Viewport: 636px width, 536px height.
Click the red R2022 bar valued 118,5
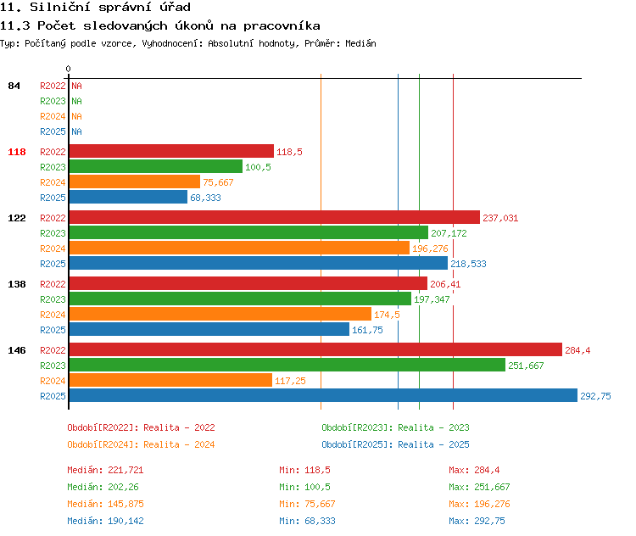coord(171,151)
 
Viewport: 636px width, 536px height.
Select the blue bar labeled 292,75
coord(323,395)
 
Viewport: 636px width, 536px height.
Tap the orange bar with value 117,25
coord(170,380)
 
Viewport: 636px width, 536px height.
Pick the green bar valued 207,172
coord(248,232)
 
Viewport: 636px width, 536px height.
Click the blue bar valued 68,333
coord(128,197)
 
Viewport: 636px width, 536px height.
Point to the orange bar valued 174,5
coord(220,314)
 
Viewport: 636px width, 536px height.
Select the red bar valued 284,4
coord(315,349)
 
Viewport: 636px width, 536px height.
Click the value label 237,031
coord(500,218)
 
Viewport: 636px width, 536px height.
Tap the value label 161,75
coord(367,330)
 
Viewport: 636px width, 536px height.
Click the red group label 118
coord(17,152)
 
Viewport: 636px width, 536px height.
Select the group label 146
coord(17,350)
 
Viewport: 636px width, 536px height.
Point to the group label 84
coord(14,86)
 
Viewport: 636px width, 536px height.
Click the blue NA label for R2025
coord(76,131)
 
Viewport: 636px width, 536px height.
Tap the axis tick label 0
coord(68,69)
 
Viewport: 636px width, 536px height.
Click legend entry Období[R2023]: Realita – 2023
coord(395,427)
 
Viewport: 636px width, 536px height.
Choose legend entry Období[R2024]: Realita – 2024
coord(141,444)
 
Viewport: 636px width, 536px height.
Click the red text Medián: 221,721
coord(105,470)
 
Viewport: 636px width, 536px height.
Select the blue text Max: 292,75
coord(477,521)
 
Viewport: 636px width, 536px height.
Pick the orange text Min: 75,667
coord(307,504)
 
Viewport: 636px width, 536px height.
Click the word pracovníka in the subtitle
coord(282,26)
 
